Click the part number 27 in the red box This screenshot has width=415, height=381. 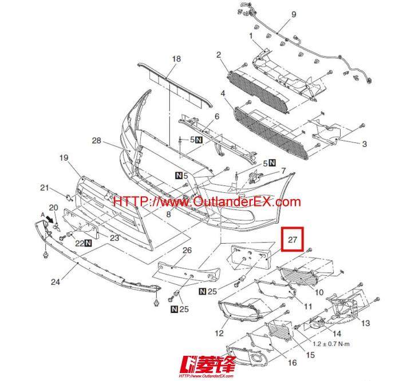[x=293, y=240]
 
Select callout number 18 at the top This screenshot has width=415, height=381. [x=176, y=59]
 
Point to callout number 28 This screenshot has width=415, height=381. [x=96, y=141]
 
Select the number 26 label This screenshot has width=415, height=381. [x=187, y=251]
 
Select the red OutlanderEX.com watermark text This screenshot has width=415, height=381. [x=207, y=202]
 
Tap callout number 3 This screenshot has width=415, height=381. [x=364, y=144]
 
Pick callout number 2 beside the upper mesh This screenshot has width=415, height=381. [x=219, y=54]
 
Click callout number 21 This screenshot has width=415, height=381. [x=44, y=187]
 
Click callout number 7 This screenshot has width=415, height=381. [x=283, y=171]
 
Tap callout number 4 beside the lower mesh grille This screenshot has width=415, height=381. [x=222, y=93]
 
